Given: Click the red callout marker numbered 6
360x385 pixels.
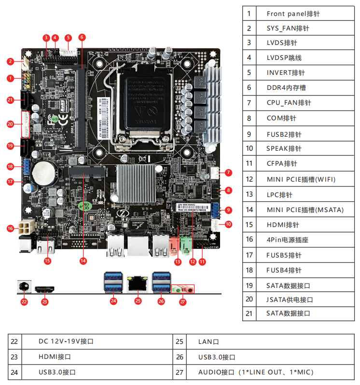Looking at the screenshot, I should pyautogui.click(x=82, y=37).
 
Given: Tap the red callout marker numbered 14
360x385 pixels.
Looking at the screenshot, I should pyautogui.click(x=83, y=260).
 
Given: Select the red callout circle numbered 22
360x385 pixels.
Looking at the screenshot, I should pyautogui.click(x=24, y=302).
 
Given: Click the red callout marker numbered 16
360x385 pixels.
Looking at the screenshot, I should pyautogui.click(x=10, y=228).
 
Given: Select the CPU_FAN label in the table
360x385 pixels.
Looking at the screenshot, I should pyautogui.click(x=289, y=103).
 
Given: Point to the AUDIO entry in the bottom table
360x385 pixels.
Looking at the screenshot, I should pyautogui.click(x=256, y=372).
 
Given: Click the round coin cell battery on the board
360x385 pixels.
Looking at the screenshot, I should pyautogui.click(x=48, y=170).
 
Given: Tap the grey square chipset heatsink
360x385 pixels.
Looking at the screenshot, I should pyautogui.click(x=136, y=183).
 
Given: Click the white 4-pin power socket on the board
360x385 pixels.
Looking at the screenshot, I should pyautogui.click(x=26, y=227).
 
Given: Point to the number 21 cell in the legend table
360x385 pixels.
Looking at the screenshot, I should pyautogui.click(x=249, y=313).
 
